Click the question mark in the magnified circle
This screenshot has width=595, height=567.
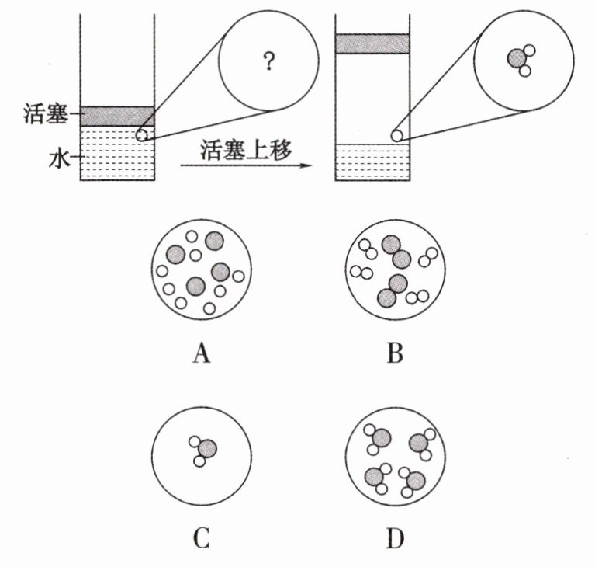click(x=268, y=61)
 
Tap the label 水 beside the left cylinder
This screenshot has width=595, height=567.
click(x=60, y=158)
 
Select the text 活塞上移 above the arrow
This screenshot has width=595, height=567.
click(x=246, y=150)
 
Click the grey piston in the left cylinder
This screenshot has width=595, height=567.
click(x=117, y=117)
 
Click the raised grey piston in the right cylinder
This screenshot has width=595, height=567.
click(x=372, y=43)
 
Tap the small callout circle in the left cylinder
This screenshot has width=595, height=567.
click(x=141, y=134)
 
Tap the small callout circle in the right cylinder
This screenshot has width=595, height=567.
click(x=396, y=135)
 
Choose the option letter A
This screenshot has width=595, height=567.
click(x=202, y=354)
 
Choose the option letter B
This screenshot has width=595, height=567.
click(x=395, y=353)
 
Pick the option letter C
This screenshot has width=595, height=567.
click(x=202, y=538)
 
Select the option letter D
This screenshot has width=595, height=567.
click(x=396, y=538)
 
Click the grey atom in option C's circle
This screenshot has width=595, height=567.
click(x=208, y=449)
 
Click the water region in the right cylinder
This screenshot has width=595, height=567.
click(x=372, y=162)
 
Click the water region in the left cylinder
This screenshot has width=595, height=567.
click(x=117, y=153)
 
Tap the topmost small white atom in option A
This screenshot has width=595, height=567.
click(x=192, y=236)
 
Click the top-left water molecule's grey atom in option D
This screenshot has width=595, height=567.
click(x=381, y=438)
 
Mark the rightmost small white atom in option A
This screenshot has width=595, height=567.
click(x=238, y=277)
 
